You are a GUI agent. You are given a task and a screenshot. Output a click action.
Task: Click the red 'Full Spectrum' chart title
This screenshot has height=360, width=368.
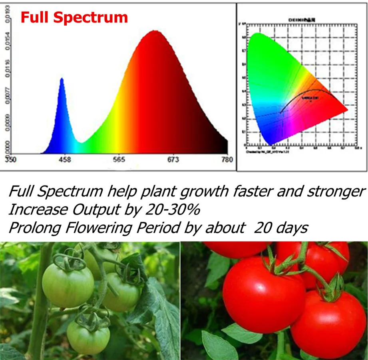(x=74, y=18)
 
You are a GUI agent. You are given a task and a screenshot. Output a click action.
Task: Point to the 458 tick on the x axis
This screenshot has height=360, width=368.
(x=64, y=160)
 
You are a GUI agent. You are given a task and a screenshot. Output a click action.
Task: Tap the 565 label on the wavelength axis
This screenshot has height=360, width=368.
(x=119, y=160)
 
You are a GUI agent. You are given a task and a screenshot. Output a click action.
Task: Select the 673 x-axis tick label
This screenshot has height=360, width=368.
(x=173, y=160)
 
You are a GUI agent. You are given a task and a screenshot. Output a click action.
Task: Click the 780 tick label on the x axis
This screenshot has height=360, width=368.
(x=227, y=160)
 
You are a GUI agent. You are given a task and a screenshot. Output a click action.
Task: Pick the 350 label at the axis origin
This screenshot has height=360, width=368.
(x=11, y=160)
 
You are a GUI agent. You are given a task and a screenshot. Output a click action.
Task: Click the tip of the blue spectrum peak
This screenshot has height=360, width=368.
(x=62, y=79)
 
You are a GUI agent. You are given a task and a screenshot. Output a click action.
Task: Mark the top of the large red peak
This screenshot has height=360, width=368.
(x=154, y=31)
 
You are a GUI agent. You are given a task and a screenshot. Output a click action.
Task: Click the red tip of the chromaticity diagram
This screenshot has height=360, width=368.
(x=346, y=111)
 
